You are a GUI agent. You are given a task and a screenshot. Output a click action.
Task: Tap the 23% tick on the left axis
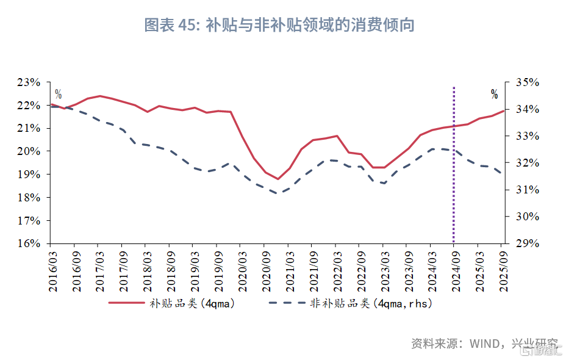coord(29,82)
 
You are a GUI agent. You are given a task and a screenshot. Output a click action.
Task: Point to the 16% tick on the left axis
coord(29,243)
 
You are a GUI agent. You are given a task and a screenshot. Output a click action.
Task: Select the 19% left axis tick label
coord(29,175)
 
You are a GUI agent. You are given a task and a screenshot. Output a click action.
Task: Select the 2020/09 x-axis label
coord(265,268)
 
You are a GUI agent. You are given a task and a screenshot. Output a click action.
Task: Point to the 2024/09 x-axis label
coord(454,268)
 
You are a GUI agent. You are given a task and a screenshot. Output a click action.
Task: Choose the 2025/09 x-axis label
coord(502,268)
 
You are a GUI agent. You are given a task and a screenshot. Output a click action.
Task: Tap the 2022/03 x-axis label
coord(336,268)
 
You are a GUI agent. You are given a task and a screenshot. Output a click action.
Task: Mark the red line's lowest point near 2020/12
coord(278,179)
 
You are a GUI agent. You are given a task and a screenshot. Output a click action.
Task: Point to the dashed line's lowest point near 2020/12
coord(278,193)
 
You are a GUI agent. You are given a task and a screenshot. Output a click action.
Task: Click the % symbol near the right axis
coord(494,94)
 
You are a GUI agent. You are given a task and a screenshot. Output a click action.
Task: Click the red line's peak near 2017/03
coord(100,96)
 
